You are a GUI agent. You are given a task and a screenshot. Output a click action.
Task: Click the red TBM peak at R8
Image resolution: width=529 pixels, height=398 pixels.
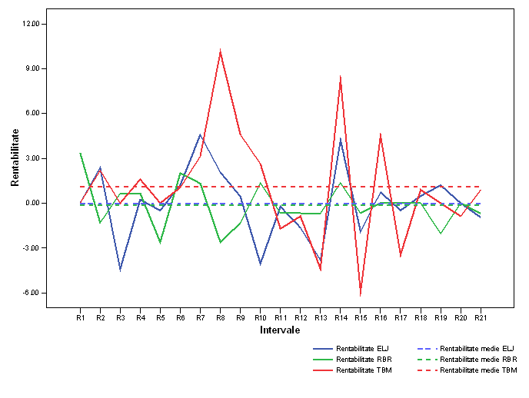[220, 51]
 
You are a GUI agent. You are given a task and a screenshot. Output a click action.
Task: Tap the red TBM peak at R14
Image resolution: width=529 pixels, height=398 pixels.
[340, 76]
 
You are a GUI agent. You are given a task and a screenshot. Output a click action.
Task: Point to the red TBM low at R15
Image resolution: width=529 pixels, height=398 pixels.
[360, 295]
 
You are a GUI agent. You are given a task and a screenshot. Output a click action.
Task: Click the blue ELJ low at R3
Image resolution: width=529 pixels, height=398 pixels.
[120, 270]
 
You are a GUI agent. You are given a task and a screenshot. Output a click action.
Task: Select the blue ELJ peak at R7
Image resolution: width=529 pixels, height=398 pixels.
[200, 134]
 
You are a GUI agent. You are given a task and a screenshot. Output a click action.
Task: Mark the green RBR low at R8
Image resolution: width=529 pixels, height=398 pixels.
[220, 243]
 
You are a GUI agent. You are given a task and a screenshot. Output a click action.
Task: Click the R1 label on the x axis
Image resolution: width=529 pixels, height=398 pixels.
[80, 317]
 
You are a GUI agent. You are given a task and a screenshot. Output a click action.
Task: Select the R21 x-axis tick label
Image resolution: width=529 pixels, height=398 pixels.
[480, 317]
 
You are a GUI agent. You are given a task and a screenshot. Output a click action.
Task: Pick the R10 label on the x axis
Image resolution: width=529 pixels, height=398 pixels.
[260, 317]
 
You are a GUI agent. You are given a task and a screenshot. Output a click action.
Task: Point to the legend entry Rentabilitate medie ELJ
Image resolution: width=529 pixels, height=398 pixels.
[477, 348]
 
